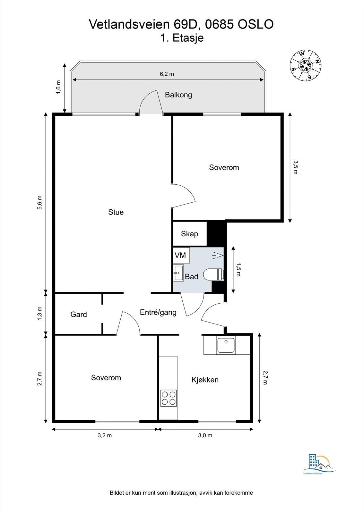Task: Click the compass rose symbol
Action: [306, 65]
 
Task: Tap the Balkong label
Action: [178, 95]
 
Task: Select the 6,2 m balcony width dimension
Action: [167, 74]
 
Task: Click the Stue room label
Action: [116, 212]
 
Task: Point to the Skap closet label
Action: [189, 234]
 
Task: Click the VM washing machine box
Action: [181, 255]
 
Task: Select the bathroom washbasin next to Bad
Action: [178, 273]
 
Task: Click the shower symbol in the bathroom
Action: [218, 255]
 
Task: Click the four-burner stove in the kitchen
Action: [169, 398]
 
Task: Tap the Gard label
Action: [79, 315]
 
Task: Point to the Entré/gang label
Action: [158, 312]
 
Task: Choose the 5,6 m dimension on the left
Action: [40, 202]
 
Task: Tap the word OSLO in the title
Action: [256, 24]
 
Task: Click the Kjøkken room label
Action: [205, 380]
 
